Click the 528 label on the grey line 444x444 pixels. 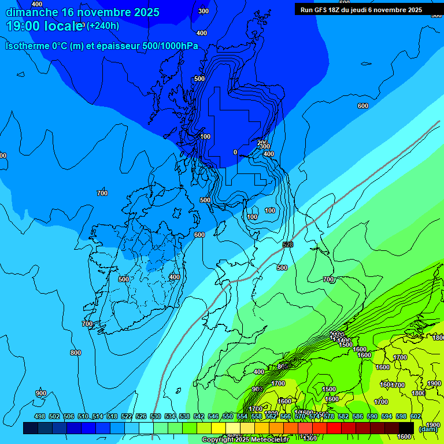pos(287,245)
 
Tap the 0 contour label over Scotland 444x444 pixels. pos(235,152)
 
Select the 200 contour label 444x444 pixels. pos(262,142)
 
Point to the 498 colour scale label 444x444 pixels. pos(40,416)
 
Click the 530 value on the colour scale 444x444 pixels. pos(156,416)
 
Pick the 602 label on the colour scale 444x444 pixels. pos(416,416)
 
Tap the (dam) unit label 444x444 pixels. pos(428,428)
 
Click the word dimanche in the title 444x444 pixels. pos(32,12)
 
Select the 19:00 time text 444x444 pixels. pos(23,26)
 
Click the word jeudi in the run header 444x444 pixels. pos(366,10)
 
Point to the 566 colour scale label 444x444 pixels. pos(286,416)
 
